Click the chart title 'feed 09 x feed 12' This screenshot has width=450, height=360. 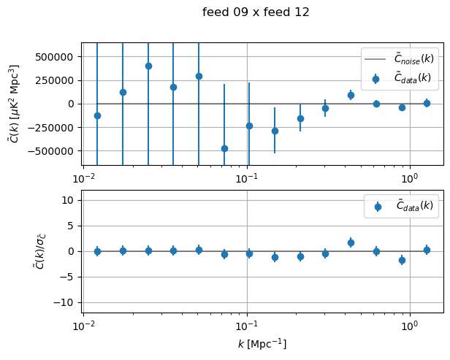[256, 12]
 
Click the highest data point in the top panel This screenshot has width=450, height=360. [148, 66]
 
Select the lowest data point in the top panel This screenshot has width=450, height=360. [224, 148]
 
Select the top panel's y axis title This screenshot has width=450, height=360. [15, 103]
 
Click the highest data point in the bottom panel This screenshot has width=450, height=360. [351, 242]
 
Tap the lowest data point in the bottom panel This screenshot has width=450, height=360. [402, 260]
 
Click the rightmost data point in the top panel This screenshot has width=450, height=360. [427, 103]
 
